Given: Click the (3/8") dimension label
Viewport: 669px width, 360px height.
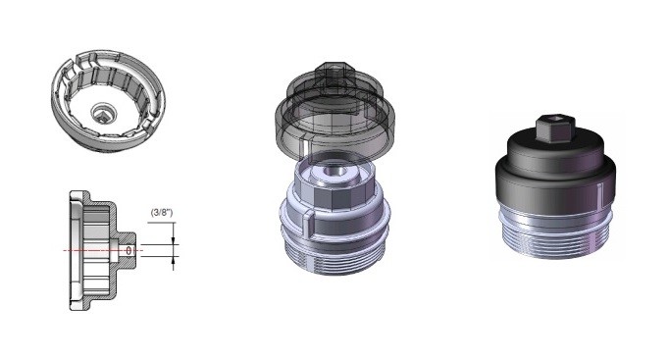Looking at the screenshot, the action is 162,213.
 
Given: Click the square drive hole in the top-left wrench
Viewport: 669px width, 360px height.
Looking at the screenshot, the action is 103,113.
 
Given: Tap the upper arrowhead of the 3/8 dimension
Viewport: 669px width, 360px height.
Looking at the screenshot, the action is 173,241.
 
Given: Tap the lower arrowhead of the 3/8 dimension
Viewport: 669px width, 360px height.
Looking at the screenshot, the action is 173,260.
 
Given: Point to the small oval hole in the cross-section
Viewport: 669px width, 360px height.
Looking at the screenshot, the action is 129,250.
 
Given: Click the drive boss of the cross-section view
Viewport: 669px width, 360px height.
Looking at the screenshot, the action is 127,250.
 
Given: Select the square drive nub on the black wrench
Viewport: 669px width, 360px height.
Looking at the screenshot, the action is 555,128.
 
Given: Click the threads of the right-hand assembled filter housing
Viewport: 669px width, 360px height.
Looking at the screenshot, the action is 553,243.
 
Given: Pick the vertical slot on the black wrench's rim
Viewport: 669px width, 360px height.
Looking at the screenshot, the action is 600,193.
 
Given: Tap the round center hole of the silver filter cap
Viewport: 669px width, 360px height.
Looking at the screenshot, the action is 334,171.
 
